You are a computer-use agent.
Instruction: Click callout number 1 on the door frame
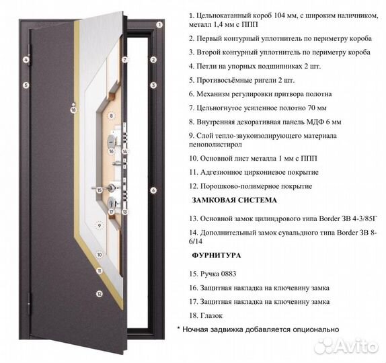(159, 25)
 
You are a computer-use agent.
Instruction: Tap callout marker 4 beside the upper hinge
(25, 60)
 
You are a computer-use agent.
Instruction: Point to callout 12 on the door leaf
(99, 293)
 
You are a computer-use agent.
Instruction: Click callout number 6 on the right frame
(153, 190)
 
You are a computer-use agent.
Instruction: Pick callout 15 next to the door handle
(99, 191)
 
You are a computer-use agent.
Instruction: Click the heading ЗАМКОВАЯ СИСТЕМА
(234, 200)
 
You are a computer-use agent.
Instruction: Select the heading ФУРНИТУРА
(216, 255)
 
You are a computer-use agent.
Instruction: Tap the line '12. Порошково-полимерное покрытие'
(250, 186)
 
